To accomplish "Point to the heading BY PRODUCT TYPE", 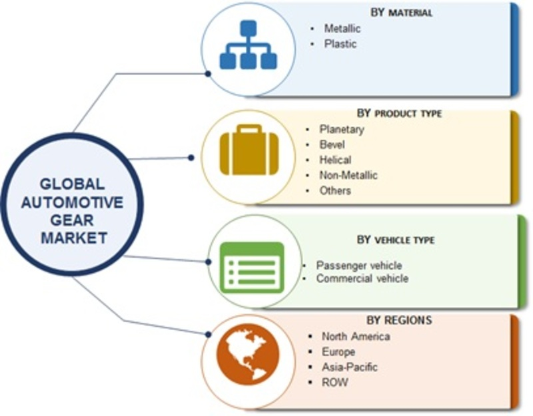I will (x=398, y=114).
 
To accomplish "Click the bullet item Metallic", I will (x=342, y=29).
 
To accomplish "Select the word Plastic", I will (x=340, y=44).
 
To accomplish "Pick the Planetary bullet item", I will (x=341, y=129).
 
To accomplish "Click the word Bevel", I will (x=332, y=144).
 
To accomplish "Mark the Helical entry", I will (x=335, y=160).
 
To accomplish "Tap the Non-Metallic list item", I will (x=348, y=175).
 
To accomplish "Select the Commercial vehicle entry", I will (x=362, y=278).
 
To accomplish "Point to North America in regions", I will (x=356, y=336).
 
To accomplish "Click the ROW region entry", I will (x=334, y=382).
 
